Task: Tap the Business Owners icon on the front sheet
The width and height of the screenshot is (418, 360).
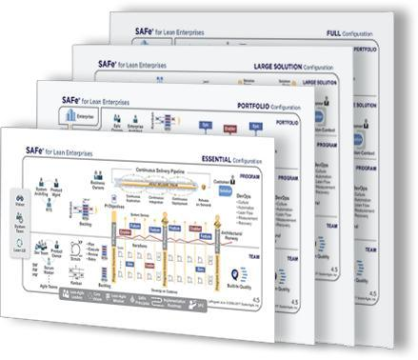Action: click(96, 183)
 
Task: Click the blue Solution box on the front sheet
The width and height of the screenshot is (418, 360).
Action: click(224, 191)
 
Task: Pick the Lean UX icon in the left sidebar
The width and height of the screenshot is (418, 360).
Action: click(19, 247)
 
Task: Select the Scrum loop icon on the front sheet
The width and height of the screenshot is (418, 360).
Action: click(75, 260)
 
